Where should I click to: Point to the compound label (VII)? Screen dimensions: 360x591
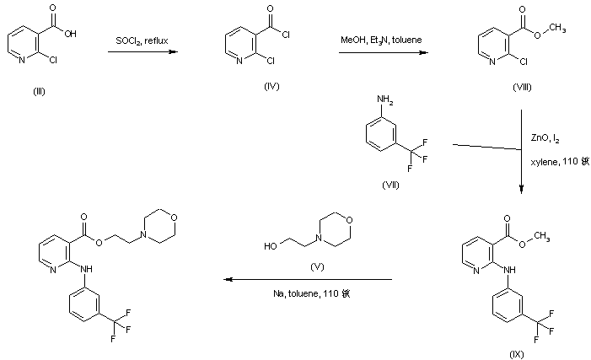click(390, 185)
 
